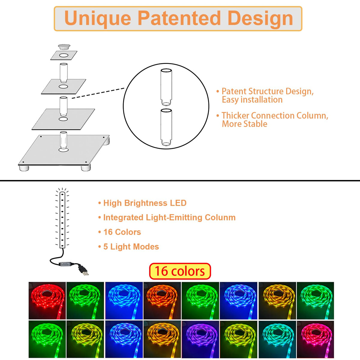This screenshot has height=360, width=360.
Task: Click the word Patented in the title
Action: coord(179,18)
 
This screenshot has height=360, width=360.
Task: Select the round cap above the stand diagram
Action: coord(64,47)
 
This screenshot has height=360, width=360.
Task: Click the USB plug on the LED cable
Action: coord(83,270)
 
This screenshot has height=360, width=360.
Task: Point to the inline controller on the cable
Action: coord(65,264)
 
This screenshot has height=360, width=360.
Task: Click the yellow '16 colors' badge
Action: coord(180,271)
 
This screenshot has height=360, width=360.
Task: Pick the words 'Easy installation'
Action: coord(252,100)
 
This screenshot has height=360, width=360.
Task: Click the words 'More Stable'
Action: coord(244,124)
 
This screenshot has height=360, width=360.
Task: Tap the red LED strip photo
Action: coord(47,300)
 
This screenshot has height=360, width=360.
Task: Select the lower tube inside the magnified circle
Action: coord(166,127)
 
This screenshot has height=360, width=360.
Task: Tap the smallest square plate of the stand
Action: coord(64,55)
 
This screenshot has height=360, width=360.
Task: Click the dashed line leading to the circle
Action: coord(98,93)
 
